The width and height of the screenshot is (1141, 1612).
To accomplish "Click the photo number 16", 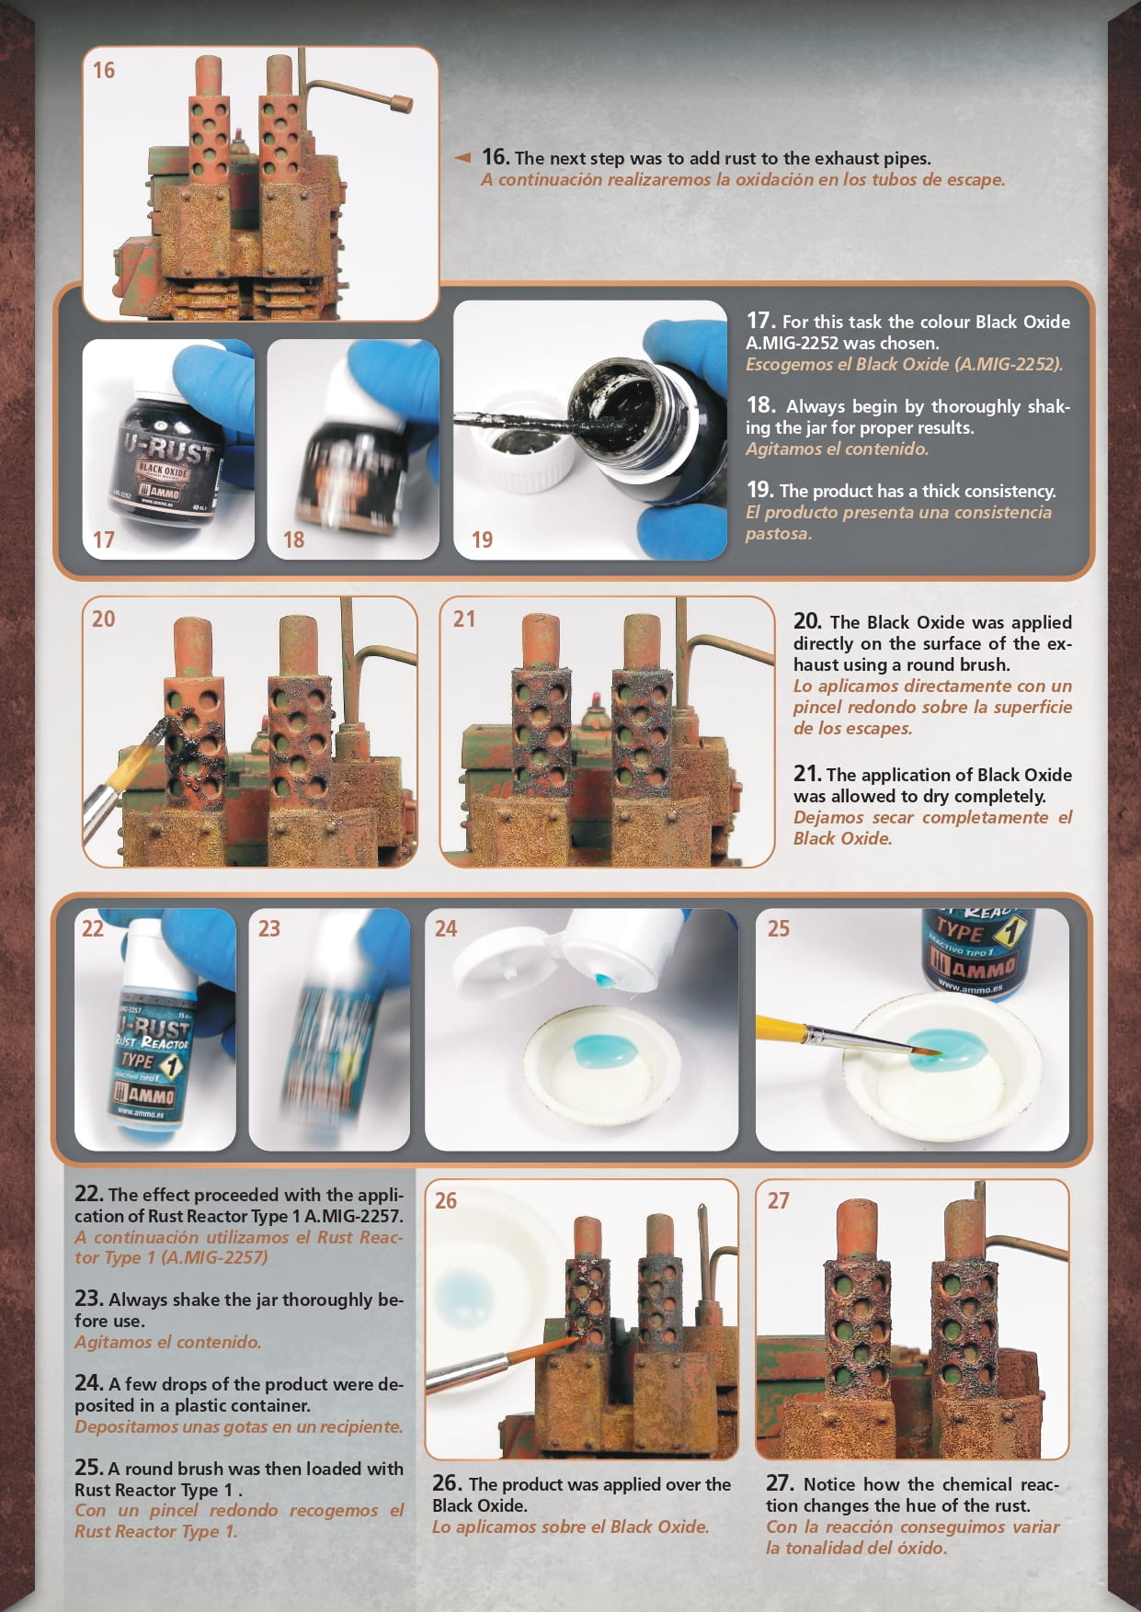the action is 103,70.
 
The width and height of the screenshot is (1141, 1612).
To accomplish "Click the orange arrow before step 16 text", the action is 463,158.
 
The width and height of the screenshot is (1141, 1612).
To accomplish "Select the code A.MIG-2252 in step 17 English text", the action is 796,343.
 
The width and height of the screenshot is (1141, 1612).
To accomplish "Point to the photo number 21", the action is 464,619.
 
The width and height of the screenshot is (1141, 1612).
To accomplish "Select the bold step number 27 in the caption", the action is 779,1482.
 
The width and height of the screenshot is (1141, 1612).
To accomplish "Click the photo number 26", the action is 446,1200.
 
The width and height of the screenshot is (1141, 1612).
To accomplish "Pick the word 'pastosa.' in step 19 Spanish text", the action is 779,534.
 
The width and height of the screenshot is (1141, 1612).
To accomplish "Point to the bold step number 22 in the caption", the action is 88,1194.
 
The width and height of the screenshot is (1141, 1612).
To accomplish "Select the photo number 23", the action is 268,928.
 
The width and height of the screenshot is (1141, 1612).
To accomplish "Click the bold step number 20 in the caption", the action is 807,621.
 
